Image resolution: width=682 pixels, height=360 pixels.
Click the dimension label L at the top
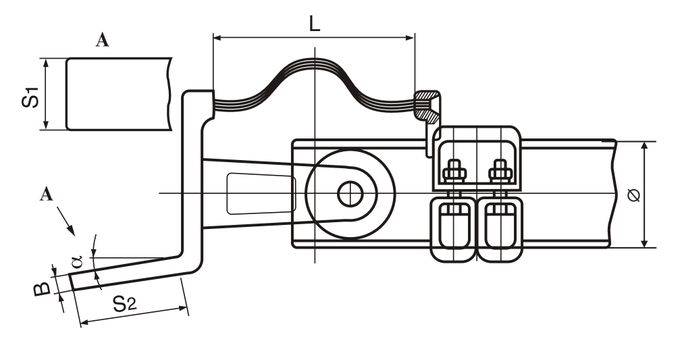pyautogui.click(x=314, y=24)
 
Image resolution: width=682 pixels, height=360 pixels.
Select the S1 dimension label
pyautogui.click(x=30, y=97)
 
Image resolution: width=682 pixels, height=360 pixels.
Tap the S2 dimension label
pyautogui.click(x=125, y=303)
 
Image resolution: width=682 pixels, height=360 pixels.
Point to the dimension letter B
pyautogui.click(x=42, y=288)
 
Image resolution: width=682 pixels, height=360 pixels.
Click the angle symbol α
pyautogui.click(x=76, y=261)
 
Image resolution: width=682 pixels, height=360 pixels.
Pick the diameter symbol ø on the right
pyautogui.click(x=634, y=195)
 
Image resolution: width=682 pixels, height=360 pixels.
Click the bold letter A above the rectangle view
pyautogui.click(x=102, y=40)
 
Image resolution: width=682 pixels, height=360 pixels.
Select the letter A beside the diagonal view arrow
pyautogui.click(x=47, y=194)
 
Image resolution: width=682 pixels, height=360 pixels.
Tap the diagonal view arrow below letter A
pyautogui.click(x=65, y=221)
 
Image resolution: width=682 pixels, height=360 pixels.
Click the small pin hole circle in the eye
pyautogui.click(x=350, y=194)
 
